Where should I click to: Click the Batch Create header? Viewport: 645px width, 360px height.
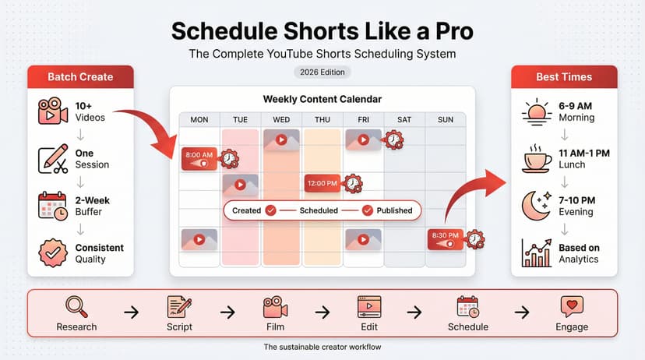80,77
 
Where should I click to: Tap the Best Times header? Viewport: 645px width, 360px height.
564,77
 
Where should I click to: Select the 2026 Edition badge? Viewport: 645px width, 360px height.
322,72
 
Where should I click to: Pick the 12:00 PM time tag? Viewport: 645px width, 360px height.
322,183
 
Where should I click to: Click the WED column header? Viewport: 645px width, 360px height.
282,119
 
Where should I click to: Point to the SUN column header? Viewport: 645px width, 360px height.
446,119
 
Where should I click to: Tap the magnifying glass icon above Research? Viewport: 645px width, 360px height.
76,305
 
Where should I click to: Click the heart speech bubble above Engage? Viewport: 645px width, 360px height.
572,305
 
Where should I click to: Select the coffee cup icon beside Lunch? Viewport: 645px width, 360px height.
537,160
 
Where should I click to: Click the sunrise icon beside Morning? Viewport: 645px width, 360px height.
537,112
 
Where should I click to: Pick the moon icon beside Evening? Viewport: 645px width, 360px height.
537,206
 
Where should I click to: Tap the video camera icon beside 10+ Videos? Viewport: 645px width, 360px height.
53,111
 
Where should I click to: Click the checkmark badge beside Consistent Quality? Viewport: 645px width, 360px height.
53,252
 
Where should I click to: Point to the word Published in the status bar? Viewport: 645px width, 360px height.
394,210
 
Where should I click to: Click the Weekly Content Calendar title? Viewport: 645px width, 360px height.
322,100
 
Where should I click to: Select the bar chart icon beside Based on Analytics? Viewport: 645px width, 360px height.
537,253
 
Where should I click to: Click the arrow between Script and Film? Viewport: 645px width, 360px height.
227,312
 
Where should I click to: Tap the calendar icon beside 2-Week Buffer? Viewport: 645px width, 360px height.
53,206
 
